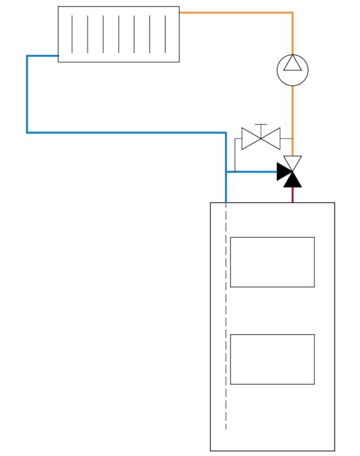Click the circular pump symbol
point(292,70)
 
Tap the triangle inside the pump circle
point(292,64)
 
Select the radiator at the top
point(119,34)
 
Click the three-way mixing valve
point(291,172)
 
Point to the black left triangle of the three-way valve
point(283,172)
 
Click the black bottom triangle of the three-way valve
point(292,181)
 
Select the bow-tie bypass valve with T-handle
point(261,138)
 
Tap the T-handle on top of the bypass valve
point(261,125)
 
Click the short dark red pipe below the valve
point(292,195)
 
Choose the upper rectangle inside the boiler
point(272,262)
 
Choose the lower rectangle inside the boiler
point(272,359)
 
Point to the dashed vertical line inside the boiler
point(226,319)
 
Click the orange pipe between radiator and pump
point(237,13)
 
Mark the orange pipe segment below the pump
point(292,119)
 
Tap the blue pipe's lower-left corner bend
point(27,132)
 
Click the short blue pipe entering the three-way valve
point(251,172)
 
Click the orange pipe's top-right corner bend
point(292,13)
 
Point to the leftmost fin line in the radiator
point(72,34)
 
